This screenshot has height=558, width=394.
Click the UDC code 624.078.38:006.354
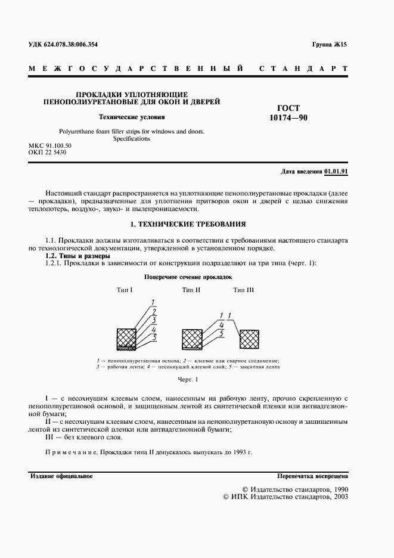(x=64, y=45)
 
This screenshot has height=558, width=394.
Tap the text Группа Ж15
(x=329, y=45)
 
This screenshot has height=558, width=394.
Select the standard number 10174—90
(x=288, y=119)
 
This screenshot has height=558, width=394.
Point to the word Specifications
(x=132, y=138)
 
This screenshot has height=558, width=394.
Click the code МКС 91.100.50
(x=50, y=146)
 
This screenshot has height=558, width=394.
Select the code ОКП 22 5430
(x=47, y=153)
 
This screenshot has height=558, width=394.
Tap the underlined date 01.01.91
(x=336, y=171)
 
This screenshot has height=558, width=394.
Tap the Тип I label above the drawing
(x=125, y=290)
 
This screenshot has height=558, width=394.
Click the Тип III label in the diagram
(x=243, y=290)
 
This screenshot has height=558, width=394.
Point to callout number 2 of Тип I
(x=154, y=311)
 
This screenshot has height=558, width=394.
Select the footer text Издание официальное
(x=60, y=476)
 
